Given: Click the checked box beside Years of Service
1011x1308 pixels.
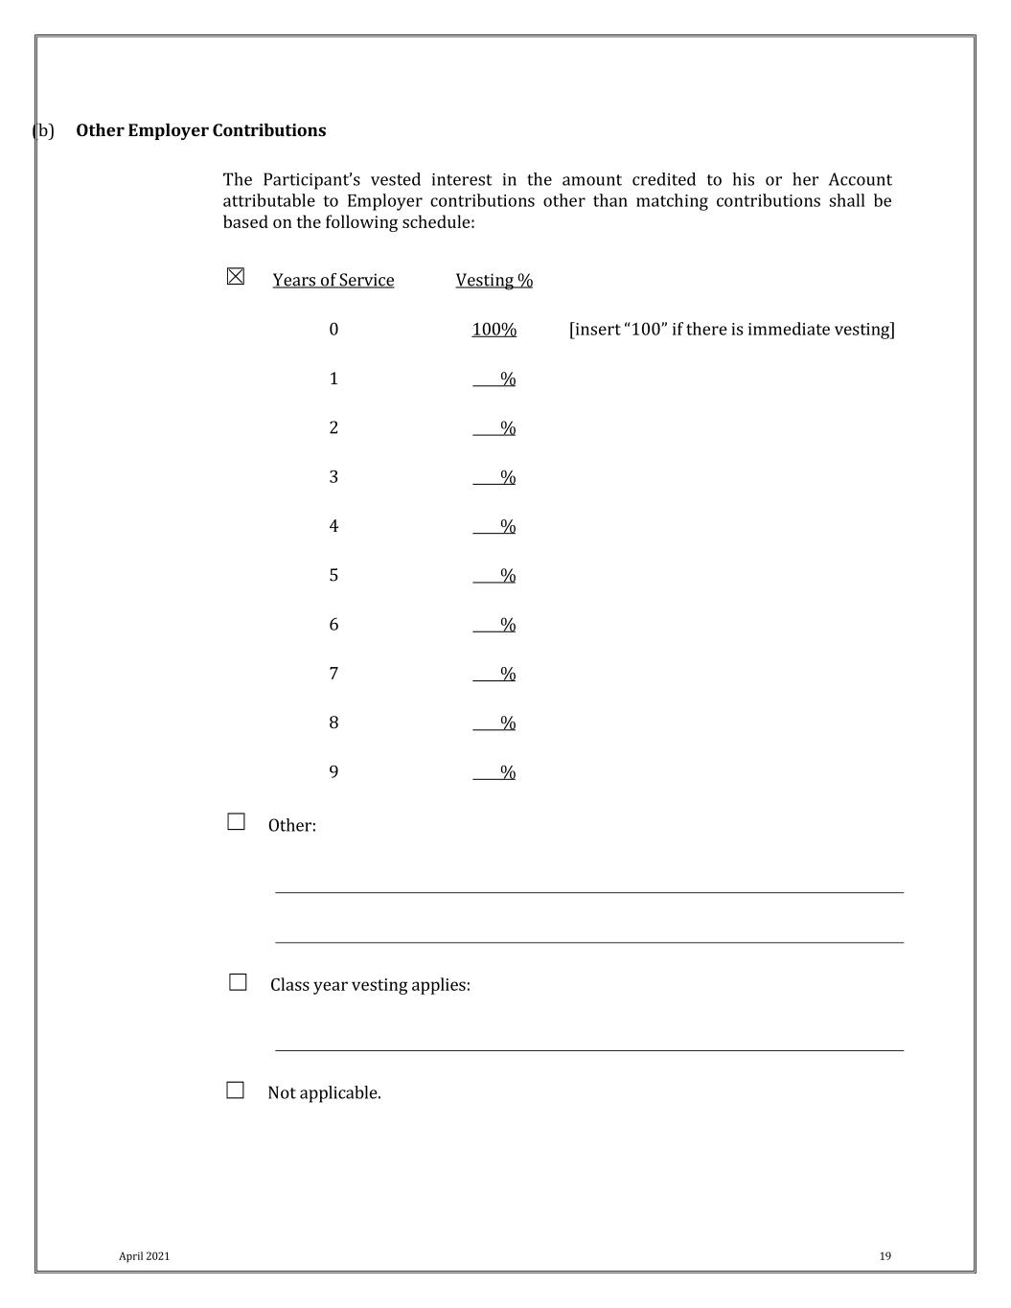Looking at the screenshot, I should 236,277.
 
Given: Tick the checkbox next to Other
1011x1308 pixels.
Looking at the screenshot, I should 237,822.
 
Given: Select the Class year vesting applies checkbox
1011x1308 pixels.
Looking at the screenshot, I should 239,982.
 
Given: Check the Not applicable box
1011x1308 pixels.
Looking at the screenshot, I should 236,1090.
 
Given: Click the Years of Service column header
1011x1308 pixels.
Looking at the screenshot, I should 333,280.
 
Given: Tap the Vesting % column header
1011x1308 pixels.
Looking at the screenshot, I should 494,280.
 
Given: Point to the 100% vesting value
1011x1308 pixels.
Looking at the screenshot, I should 494,330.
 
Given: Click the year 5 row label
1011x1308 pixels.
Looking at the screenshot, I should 333,575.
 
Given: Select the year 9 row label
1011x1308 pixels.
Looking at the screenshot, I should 333,772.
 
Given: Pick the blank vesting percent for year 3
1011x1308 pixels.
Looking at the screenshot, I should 494,477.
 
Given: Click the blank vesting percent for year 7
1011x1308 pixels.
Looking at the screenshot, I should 494,675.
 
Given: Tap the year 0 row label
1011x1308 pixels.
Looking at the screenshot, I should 333,330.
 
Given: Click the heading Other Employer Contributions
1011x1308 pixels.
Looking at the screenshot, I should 200,130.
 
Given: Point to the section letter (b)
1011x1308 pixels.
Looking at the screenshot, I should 44,130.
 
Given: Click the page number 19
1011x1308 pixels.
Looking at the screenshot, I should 885,1256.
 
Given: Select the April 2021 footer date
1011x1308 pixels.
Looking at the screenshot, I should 144,1256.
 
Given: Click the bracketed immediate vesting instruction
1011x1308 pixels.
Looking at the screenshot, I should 731,330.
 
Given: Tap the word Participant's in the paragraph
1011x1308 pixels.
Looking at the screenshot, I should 310,180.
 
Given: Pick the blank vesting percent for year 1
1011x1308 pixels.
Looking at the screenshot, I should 494,379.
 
